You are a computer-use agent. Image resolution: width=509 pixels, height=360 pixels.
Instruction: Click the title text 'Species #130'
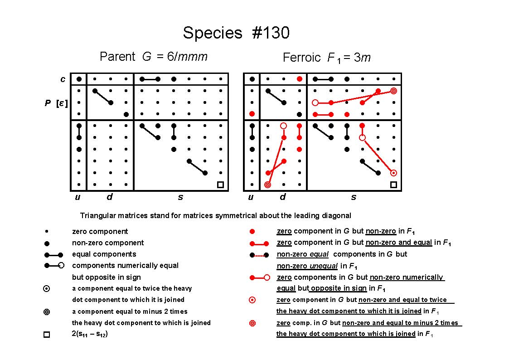click(236, 33)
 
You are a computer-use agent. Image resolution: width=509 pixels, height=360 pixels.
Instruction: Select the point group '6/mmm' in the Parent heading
click(187, 57)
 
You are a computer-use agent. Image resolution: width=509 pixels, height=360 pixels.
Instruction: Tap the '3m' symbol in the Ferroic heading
click(362, 58)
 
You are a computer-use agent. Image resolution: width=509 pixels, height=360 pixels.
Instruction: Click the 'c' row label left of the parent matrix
click(63, 79)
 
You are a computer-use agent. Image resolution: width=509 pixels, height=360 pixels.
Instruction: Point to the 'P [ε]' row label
click(56, 103)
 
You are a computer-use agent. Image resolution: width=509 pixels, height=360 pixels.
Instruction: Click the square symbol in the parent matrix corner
click(220, 185)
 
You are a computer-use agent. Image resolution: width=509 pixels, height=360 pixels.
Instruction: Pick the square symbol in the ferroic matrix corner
click(393, 185)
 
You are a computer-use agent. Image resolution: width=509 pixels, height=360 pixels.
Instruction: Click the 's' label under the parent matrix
click(180, 197)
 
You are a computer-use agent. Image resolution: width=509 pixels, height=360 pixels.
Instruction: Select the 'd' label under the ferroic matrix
click(283, 196)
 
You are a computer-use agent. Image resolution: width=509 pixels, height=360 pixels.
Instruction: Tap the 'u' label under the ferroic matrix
click(251, 197)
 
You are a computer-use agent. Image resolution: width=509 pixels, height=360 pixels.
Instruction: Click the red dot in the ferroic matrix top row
click(299, 79)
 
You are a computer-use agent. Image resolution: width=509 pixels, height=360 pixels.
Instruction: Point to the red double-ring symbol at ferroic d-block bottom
click(267, 185)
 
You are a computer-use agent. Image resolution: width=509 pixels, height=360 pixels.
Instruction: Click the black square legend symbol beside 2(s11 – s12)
click(47, 334)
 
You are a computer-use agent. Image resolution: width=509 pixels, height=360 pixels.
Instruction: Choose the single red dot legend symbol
click(252, 231)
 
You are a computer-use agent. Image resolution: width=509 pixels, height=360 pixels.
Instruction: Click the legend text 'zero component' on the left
click(100, 231)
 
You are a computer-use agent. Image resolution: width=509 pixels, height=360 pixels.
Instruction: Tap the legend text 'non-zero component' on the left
click(108, 243)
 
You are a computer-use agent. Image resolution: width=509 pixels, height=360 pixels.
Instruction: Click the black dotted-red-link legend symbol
click(259, 255)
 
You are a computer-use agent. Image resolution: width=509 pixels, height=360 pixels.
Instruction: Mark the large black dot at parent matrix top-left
click(79, 79)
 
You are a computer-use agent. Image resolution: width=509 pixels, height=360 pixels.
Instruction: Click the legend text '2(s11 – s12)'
click(90, 334)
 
